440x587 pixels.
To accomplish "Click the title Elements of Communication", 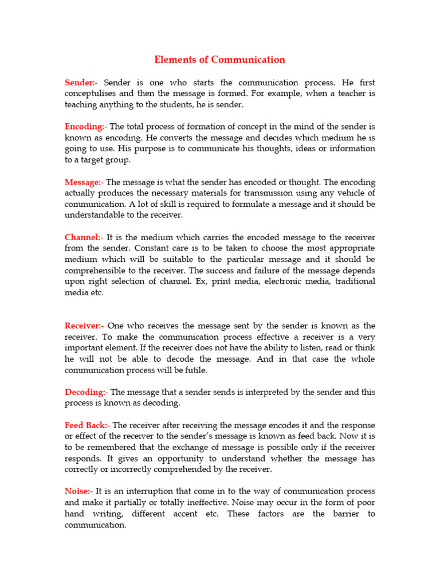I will pos(219,60).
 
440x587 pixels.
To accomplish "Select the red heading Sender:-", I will pos(82,83).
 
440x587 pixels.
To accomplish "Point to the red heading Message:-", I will pos(84,182).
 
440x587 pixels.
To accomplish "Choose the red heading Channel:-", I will pos(84,237).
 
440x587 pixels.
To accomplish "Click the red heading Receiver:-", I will pos(84,326).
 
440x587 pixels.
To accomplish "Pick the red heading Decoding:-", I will pos(86,392).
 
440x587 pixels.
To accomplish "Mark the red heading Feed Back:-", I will pos(88,425).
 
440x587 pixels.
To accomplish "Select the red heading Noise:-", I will pos(78,491).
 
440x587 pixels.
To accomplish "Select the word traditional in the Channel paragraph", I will pos(355,281).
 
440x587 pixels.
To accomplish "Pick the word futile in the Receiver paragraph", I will pos(192,370).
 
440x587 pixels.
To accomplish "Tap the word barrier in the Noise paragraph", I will pos(344,514).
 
